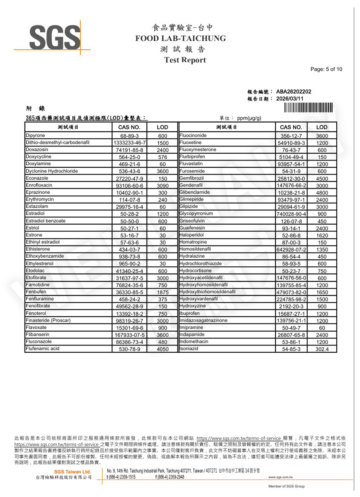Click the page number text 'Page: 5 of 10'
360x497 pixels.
326,69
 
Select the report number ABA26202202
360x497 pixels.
293,91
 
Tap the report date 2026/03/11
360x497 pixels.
289,99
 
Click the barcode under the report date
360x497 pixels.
308,108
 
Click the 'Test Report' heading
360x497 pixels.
185,60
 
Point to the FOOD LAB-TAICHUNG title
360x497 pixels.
180,38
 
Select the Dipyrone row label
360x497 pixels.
35,136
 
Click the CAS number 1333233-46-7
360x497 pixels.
130,143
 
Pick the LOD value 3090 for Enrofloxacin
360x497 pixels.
163,186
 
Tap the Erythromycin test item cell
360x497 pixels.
40,199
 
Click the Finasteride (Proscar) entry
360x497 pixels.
48,320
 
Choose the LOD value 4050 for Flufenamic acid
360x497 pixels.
163,349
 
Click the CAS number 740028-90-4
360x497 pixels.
291,214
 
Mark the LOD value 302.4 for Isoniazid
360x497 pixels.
322,349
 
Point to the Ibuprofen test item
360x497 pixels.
189,313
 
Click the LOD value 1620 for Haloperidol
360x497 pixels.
322,235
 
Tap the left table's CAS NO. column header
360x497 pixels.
129,127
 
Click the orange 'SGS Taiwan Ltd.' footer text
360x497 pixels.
72,471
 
